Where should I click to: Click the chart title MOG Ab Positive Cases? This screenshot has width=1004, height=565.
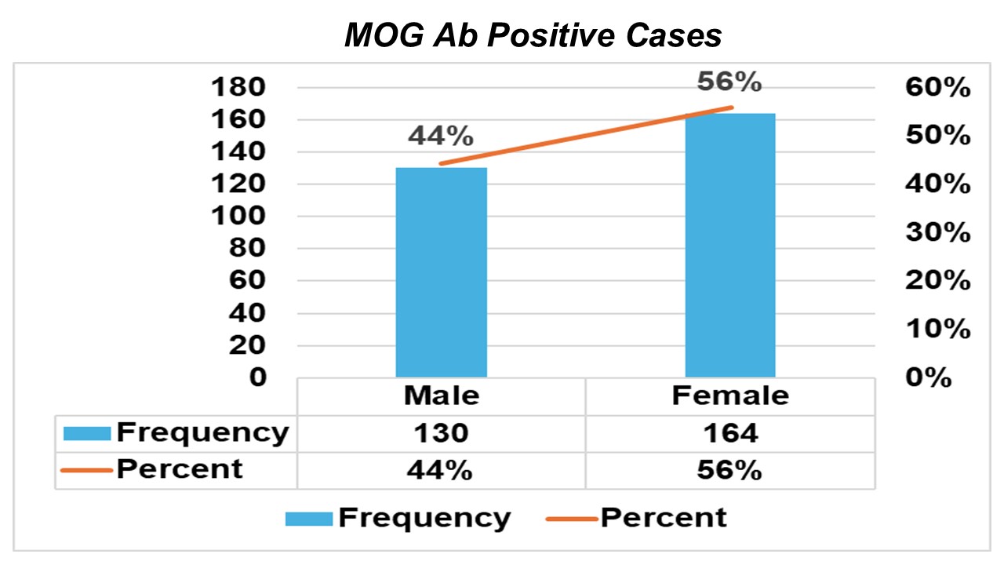[x=533, y=36]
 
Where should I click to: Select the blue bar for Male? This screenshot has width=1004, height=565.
[x=441, y=272]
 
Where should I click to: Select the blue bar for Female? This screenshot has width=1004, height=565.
[x=730, y=245]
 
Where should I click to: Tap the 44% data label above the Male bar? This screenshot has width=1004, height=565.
[x=440, y=136]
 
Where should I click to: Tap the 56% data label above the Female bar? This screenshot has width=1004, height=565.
[x=729, y=81]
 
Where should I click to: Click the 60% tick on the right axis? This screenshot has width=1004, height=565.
[x=937, y=88]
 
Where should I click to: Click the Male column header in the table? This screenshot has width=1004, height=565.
[x=441, y=395]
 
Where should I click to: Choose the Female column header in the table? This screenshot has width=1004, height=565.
[x=730, y=395]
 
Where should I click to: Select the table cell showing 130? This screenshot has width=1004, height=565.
[x=441, y=433]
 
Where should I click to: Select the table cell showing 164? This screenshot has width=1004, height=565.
[x=730, y=433]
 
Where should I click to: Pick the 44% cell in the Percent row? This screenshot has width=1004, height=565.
[x=441, y=470]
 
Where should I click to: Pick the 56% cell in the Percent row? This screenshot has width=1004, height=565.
[x=730, y=470]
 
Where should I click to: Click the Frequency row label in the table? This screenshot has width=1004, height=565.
[x=202, y=432]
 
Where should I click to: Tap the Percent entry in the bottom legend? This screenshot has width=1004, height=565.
[x=663, y=518]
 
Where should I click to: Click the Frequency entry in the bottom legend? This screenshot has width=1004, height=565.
[x=424, y=518]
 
